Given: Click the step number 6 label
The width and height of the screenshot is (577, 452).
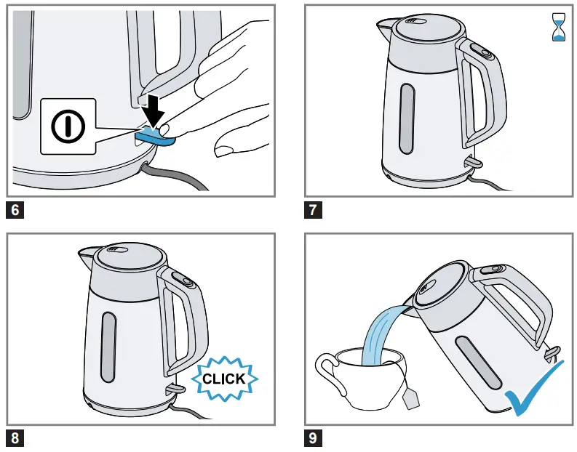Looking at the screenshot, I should (x=17, y=211).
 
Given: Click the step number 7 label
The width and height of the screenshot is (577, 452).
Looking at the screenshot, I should (x=314, y=211).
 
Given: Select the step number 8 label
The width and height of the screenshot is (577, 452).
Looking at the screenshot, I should (x=17, y=438).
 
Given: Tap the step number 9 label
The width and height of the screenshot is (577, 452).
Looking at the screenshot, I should (x=314, y=438).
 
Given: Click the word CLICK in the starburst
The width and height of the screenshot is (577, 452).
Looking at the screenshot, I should (x=223, y=379).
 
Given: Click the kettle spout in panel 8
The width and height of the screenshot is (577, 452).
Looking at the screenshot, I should (x=83, y=254).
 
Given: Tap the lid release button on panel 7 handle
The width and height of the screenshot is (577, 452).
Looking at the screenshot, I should (x=481, y=51).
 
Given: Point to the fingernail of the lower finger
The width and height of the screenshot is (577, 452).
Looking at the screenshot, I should (x=227, y=150).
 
